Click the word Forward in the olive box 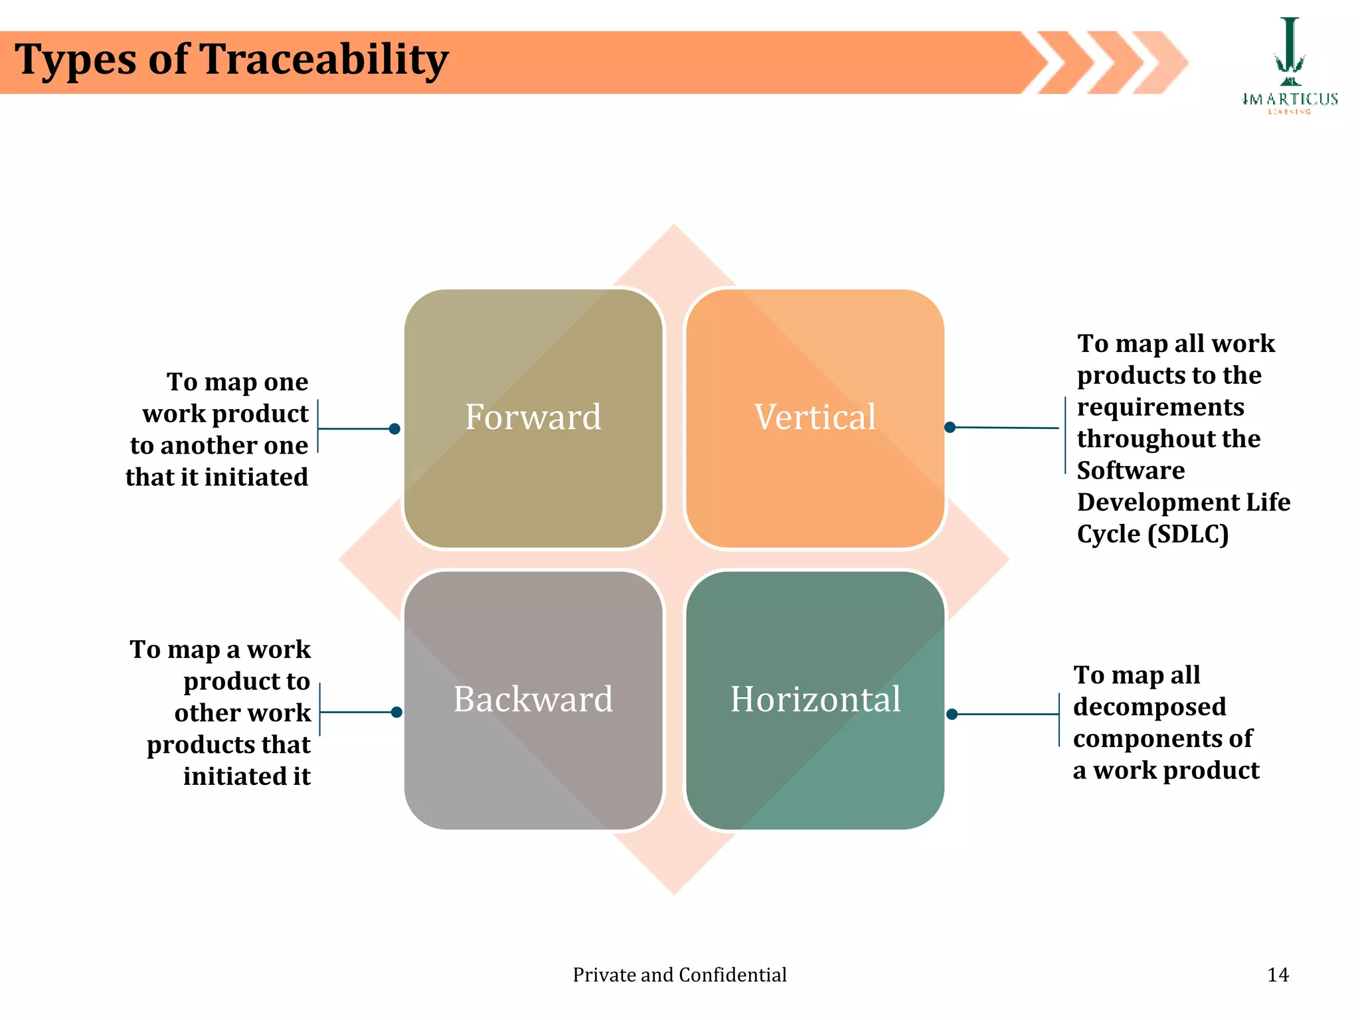tap(533, 417)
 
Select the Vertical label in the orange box tap(815, 417)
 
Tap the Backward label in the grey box tap(533, 699)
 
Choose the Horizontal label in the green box tap(815, 699)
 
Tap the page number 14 tap(1278, 974)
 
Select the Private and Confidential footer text tap(679, 974)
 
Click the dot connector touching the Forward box tap(394, 429)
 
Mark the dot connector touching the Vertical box tap(950, 427)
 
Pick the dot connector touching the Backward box tap(396, 713)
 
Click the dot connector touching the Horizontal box tap(952, 715)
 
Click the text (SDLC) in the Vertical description tap(1188, 534)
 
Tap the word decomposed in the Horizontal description tap(1149, 707)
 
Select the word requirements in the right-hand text tap(1160, 407)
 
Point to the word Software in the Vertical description tap(1130, 471)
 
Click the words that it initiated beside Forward tap(216, 477)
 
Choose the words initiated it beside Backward tap(246, 776)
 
